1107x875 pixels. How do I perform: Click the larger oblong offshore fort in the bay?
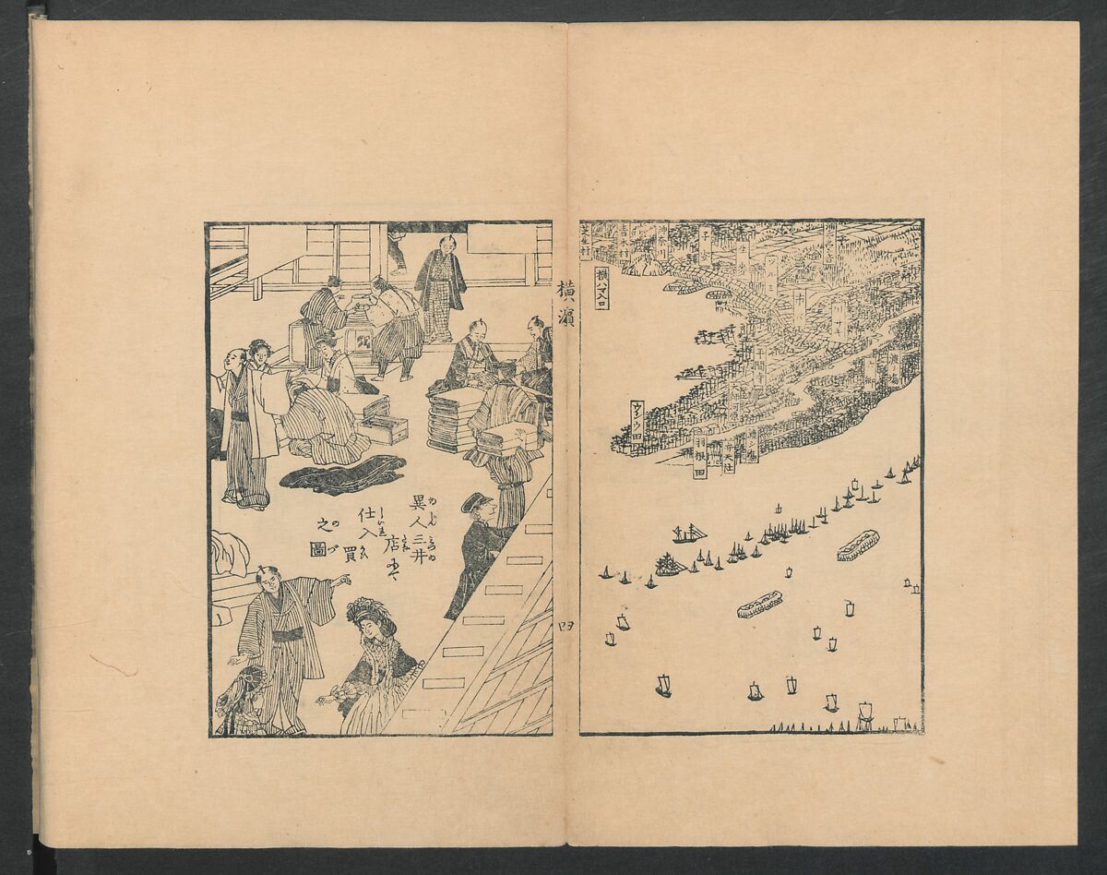(x=858, y=545)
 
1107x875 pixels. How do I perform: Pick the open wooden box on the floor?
(x=384, y=425)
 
